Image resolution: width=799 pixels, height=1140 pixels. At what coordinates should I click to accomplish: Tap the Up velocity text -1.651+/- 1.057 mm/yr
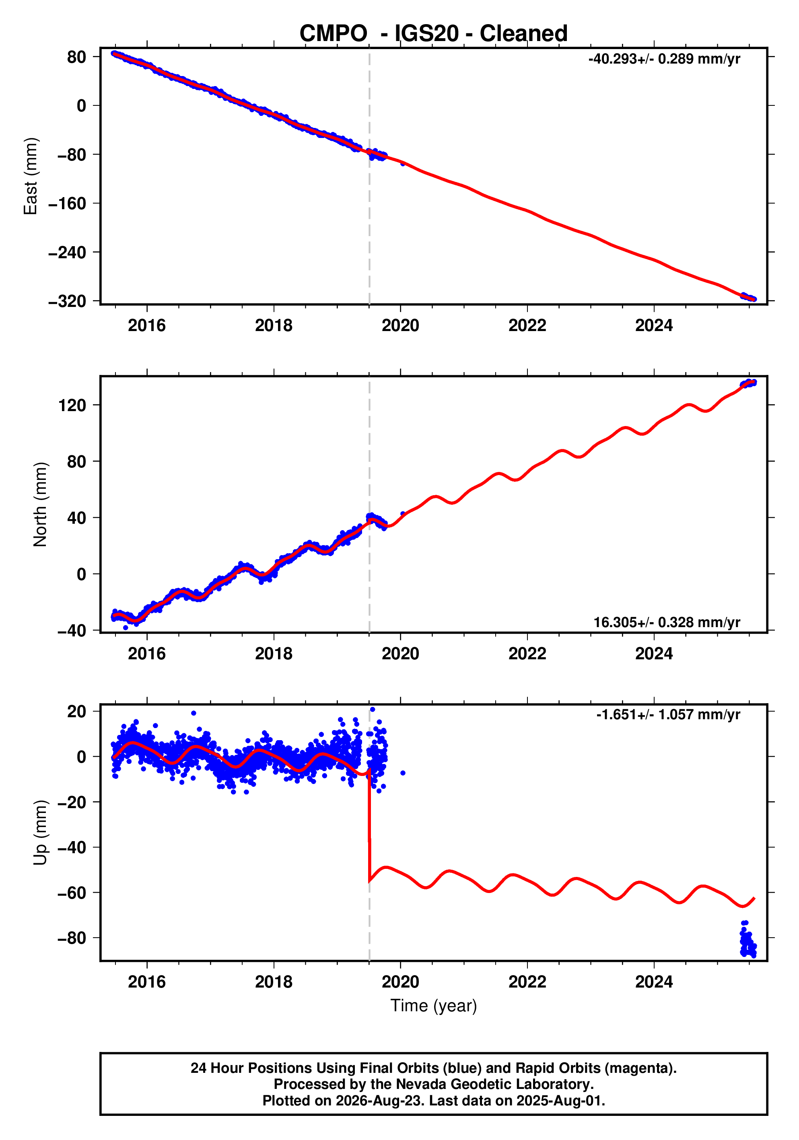pos(668,714)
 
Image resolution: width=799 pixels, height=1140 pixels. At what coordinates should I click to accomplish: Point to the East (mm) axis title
pos(30,176)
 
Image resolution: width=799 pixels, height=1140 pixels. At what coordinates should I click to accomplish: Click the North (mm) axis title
pos(40,504)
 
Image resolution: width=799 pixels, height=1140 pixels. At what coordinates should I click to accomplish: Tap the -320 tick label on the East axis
pos(67,301)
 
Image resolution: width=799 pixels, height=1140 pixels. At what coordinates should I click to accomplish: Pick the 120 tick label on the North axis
pos(72,405)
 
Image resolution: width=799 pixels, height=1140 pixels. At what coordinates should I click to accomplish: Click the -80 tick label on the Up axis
pos(72,938)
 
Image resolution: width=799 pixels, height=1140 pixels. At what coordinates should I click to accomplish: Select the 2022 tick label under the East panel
pos(527,326)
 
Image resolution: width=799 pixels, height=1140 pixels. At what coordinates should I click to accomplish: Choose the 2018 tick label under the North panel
pos(274,654)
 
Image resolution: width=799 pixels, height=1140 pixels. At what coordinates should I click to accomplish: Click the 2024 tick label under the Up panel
pos(654,982)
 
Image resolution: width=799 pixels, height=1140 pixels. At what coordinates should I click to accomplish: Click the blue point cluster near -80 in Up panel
pos(748,939)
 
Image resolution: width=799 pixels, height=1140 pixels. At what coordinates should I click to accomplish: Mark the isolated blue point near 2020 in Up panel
pos(403,773)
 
